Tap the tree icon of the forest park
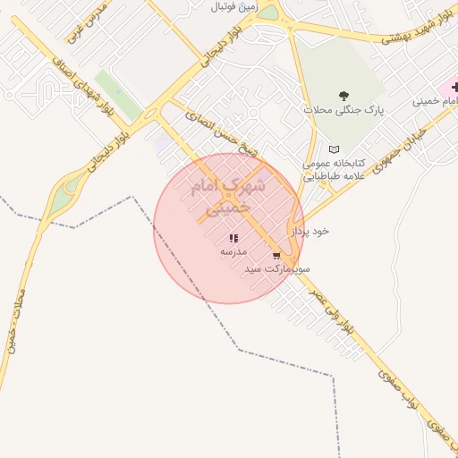click(344, 95)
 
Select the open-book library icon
click(335, 149)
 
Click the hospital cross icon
click(455, 87)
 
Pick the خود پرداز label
click(313, 230)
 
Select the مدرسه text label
click(233, 252)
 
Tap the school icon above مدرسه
click(233, 239)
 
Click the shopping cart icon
click(288, 255)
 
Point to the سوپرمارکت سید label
click(279, 268)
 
